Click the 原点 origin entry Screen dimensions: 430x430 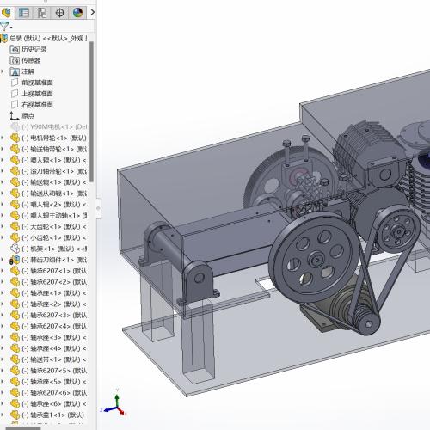tap(28, 115)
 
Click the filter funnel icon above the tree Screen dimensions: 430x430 tap(5, 26)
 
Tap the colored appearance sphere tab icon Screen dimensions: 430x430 tap(78, 12)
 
